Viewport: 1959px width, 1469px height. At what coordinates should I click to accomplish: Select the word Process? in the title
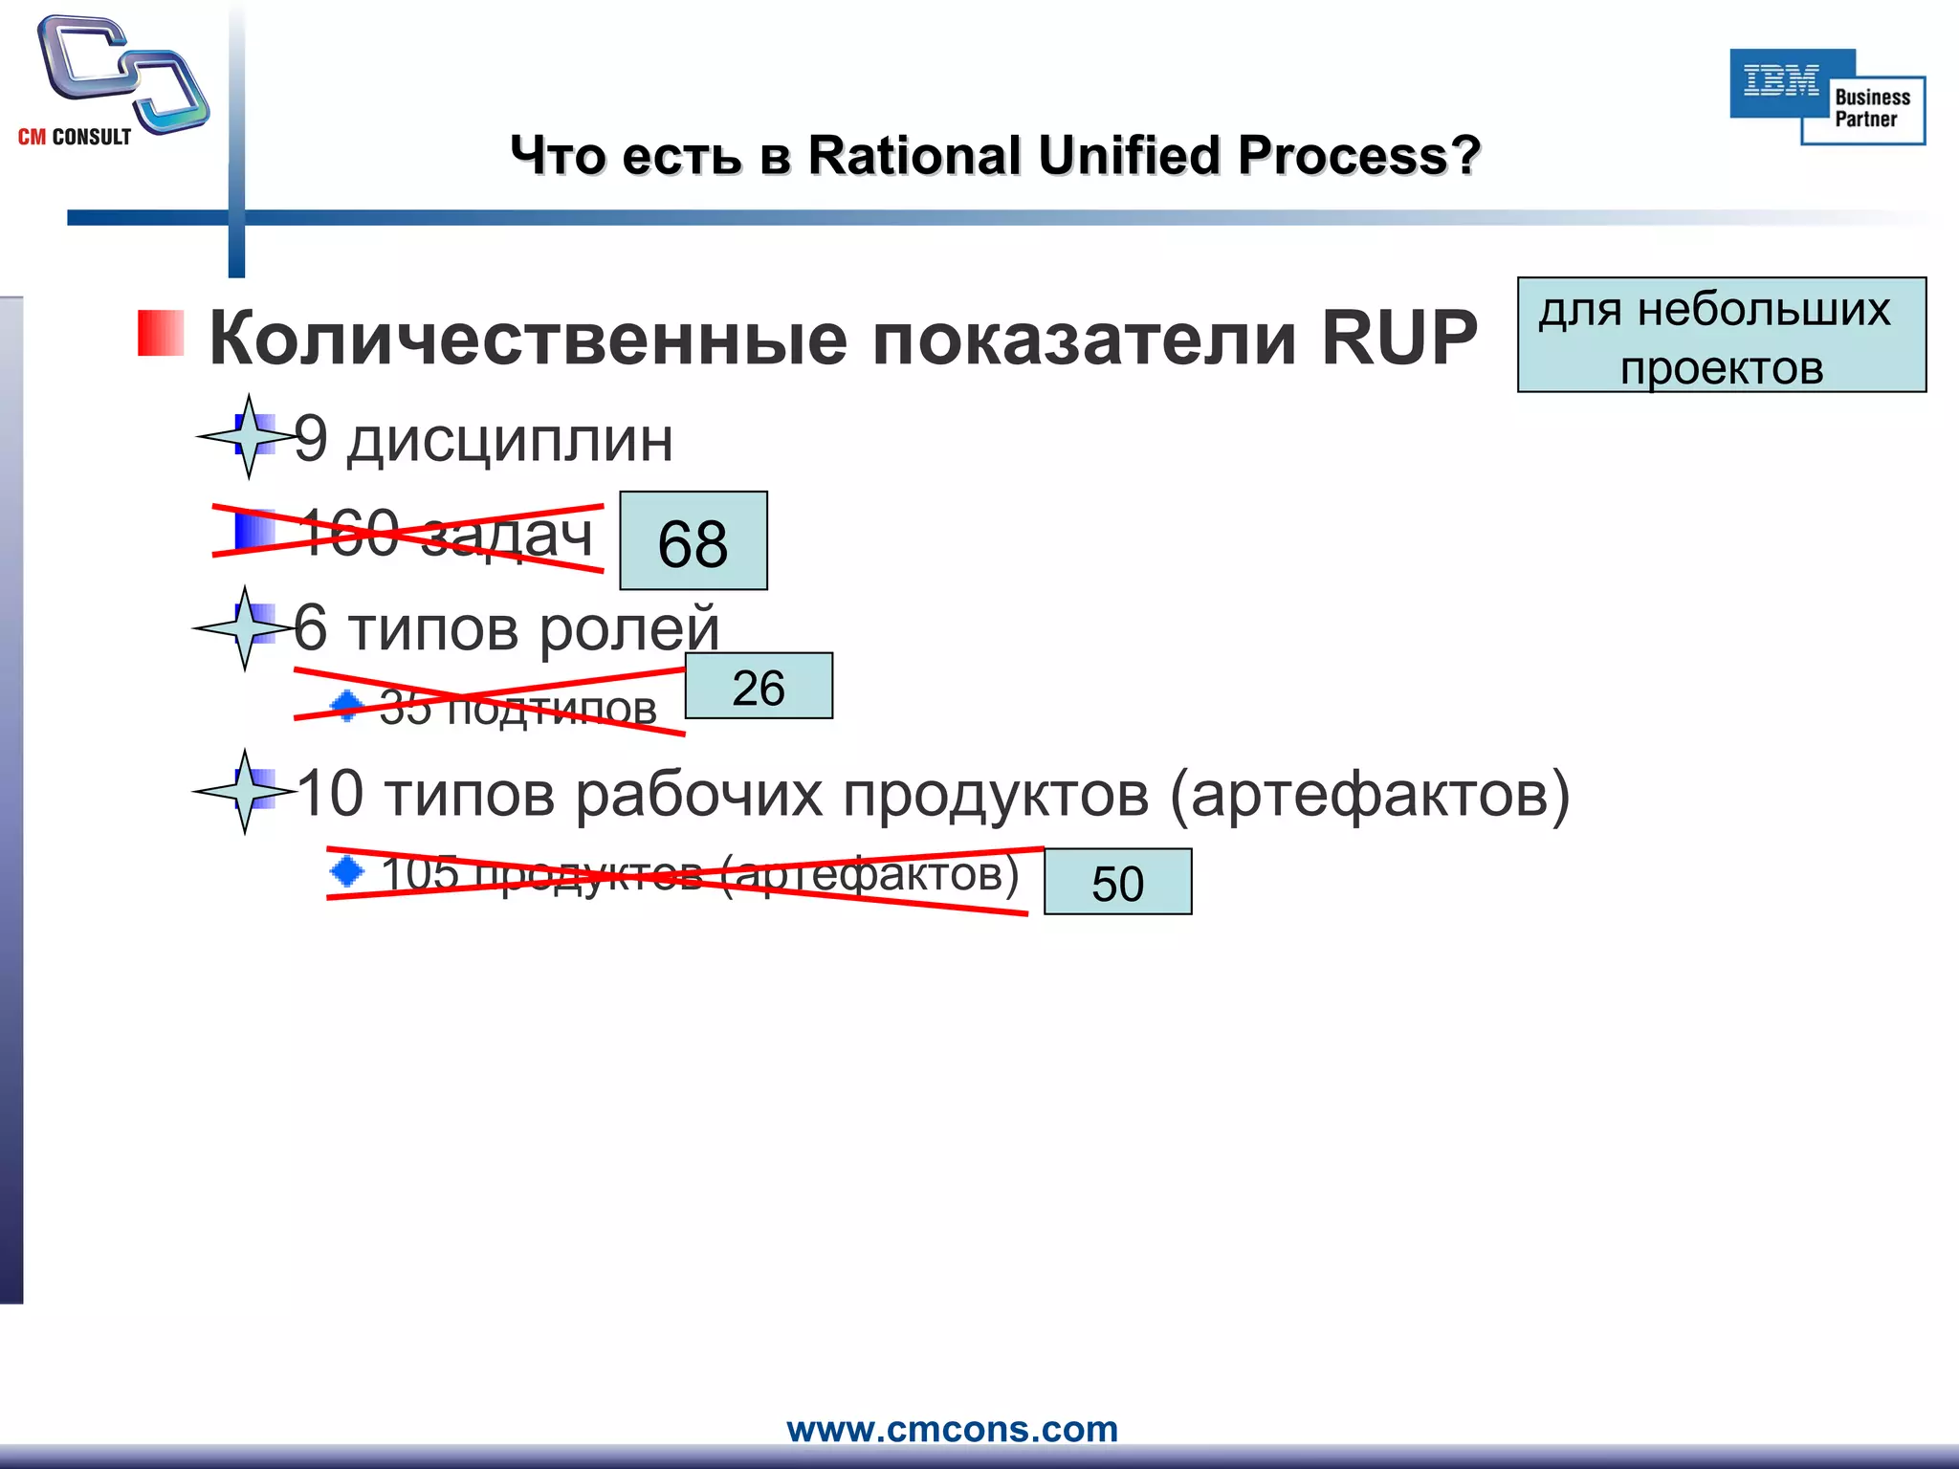point(1358,155)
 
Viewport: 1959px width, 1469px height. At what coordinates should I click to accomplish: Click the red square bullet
point(161,334)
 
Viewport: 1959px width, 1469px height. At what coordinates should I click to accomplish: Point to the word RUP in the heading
point(1398,339)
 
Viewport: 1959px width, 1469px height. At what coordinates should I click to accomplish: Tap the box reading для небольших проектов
point(1721,336)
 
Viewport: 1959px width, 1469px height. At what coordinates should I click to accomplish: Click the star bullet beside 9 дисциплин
point(248,436)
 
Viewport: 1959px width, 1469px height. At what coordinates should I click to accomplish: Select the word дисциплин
point(510,441)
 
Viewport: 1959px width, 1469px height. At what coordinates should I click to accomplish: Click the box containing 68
point(693,541)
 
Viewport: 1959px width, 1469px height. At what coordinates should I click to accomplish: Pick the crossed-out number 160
point(348,533)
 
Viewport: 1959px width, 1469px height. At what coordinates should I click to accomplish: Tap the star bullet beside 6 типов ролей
point(245,628)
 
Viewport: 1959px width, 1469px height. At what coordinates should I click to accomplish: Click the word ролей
point(629,631)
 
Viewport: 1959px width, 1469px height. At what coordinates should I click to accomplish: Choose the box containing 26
point(759,687)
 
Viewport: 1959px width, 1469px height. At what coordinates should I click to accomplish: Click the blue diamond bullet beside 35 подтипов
point(346,707)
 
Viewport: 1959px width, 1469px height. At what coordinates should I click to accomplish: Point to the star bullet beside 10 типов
point(245,792)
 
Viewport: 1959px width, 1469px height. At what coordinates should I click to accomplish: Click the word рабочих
point(698,795)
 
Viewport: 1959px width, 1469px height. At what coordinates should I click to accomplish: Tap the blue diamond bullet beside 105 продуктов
point(346,871)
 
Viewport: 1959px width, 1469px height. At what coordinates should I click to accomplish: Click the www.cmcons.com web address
point(952,1429)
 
